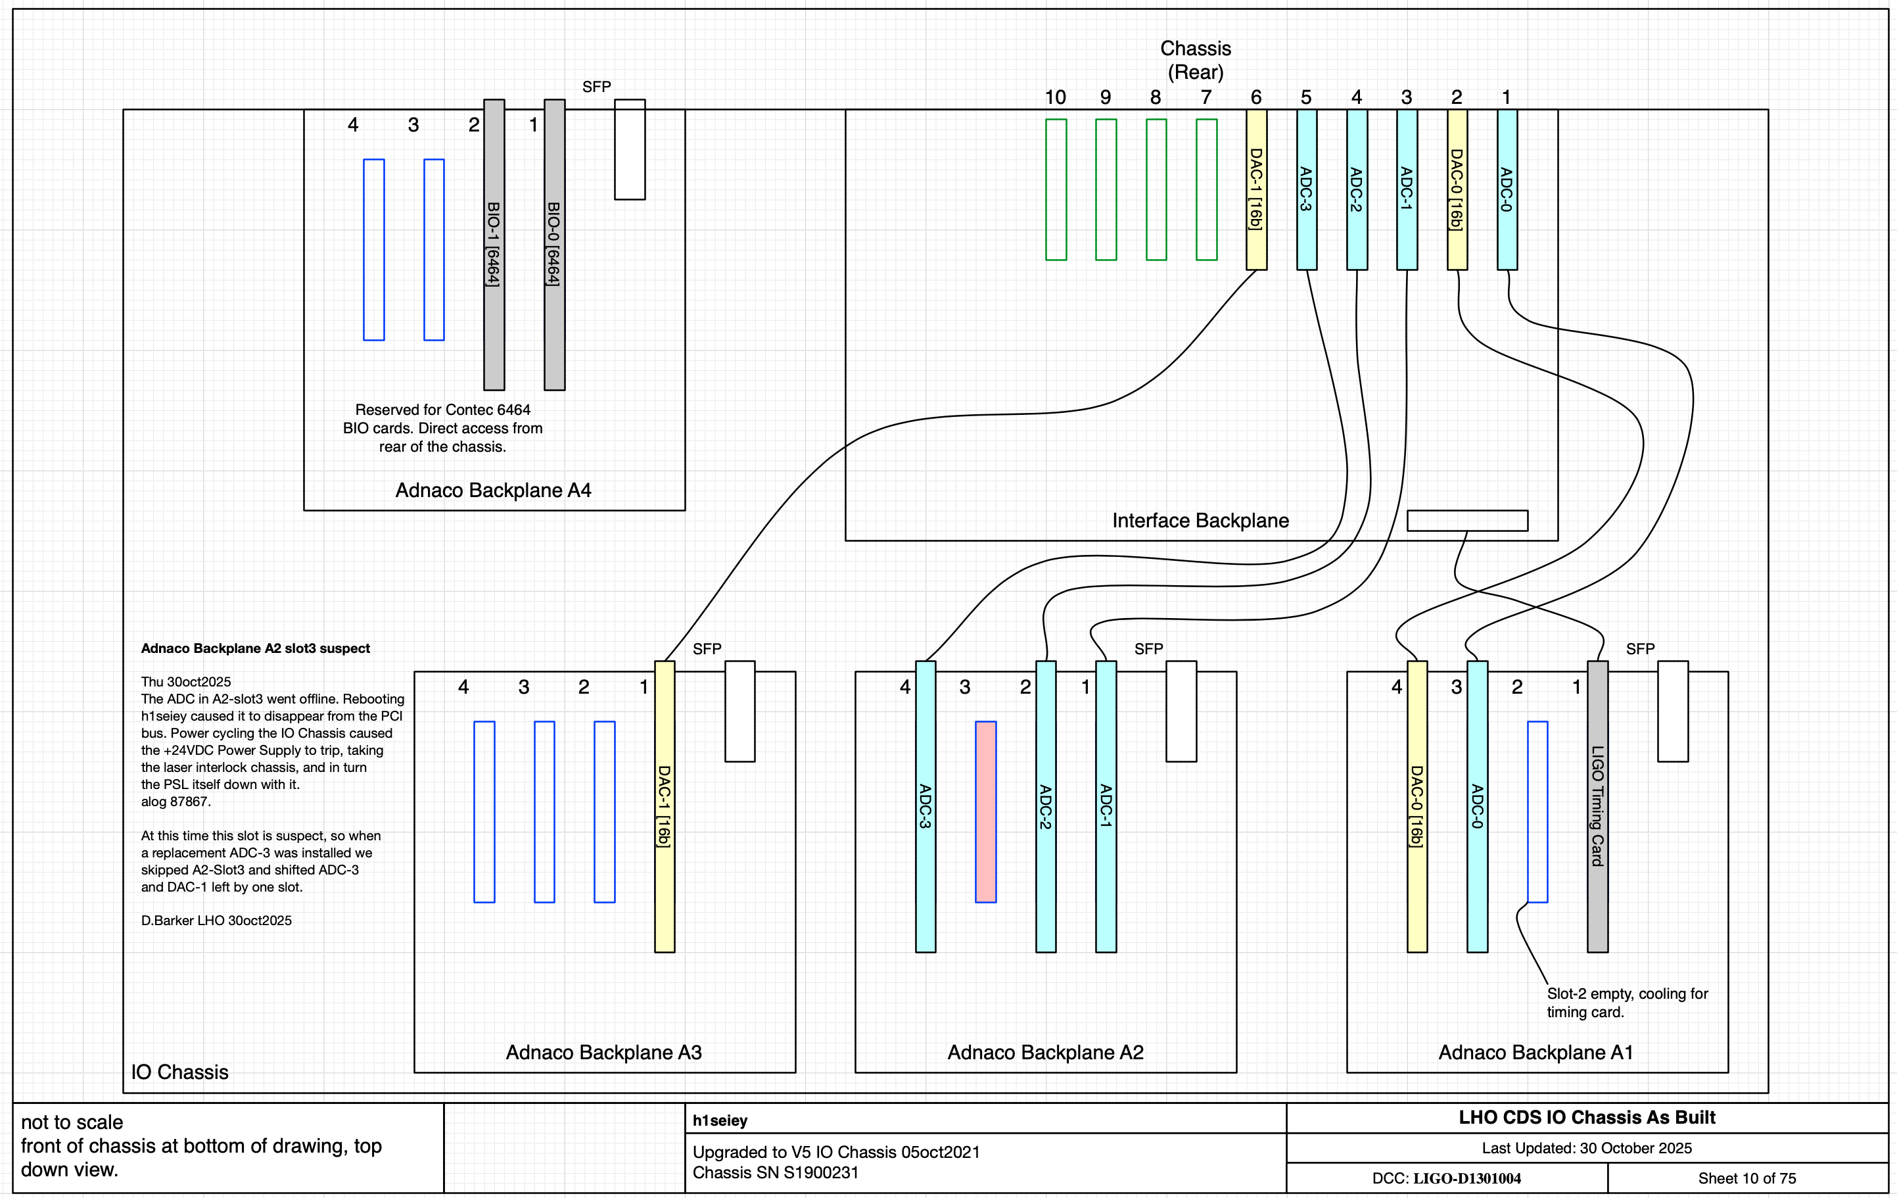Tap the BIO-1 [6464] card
(494, 245)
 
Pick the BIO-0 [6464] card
(555, 245)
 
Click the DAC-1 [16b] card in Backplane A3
(665, 806)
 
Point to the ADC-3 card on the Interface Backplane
(1307, 189)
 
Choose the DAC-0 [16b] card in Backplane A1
(1417, 806)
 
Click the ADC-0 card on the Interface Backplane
(1507, 189)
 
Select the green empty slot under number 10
(1056, 189)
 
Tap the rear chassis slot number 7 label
(1206, 97)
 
